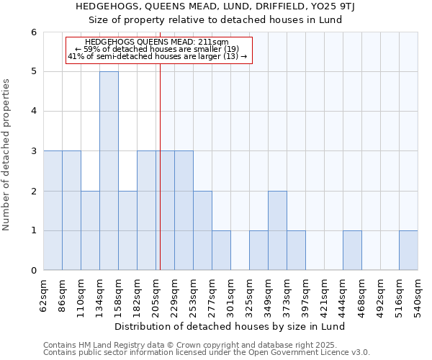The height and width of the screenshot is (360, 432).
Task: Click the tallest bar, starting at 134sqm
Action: pos(109,171)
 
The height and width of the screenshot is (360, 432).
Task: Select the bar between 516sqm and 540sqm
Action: pos(408,251)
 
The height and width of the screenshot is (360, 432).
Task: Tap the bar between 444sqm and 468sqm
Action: pos(352,251)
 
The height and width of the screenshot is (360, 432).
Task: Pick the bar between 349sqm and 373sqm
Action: pos(277,230)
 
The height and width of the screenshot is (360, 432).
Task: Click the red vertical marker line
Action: pos(160,180)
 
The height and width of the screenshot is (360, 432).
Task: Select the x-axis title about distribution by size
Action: pos(230,326)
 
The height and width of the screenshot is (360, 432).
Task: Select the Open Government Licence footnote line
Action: pos(207,353)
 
